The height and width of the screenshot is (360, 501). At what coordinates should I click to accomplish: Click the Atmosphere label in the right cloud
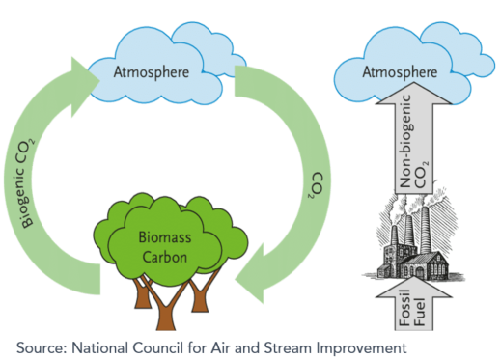(x=393, y=71)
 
